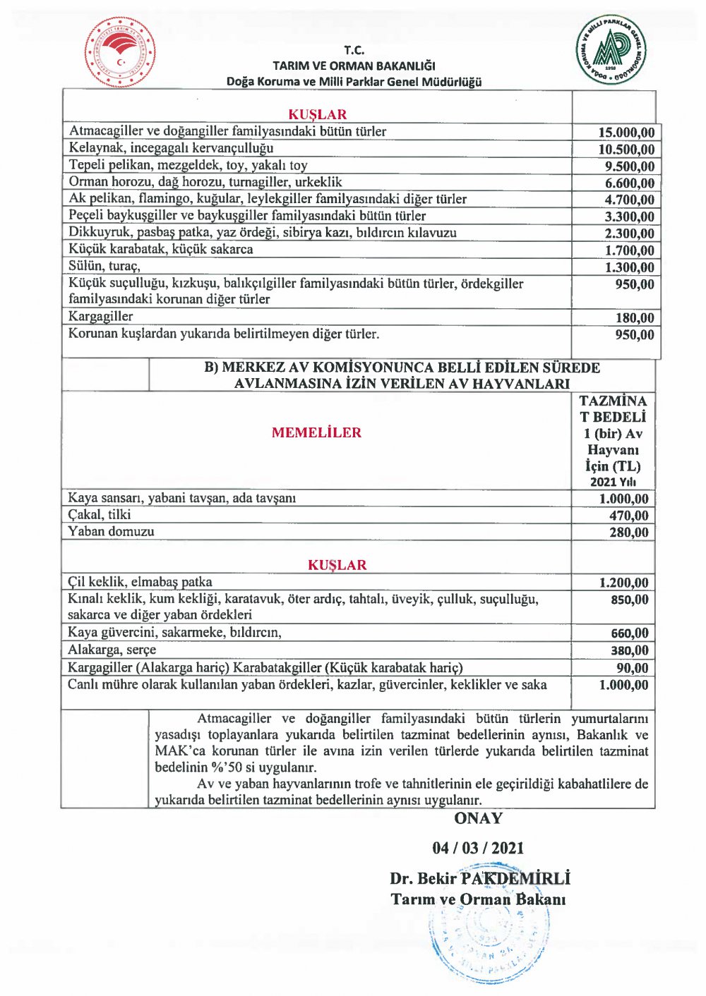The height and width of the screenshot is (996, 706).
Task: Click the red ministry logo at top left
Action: tap(120, 53)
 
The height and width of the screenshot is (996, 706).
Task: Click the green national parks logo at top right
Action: tap(611, 49)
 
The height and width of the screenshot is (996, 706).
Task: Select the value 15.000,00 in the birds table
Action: tap(626, 133)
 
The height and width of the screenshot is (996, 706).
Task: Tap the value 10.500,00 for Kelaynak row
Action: tap(626, 150)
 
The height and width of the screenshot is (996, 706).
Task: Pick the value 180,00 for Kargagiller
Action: tap(635, 318)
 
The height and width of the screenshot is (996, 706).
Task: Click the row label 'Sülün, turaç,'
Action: tap(104, 266)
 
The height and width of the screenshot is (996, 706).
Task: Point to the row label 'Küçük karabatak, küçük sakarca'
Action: tap(160, 249)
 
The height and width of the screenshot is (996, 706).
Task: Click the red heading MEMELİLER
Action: tap(316, 432)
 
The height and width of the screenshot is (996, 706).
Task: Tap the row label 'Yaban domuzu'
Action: tap(111, 531)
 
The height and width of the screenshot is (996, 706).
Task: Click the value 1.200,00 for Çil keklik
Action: tap(623, 583)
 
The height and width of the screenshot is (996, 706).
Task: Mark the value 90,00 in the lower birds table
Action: tap(632, 668)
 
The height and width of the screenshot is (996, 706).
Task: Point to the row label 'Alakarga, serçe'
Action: tap(112, 650)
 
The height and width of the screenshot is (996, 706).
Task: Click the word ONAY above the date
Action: tap(478, 818)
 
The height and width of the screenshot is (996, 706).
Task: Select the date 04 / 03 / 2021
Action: tap(478, 848)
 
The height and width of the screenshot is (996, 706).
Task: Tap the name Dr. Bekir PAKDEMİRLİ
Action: tap(479, 878)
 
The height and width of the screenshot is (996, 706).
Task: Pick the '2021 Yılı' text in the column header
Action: tap(613, 482)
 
